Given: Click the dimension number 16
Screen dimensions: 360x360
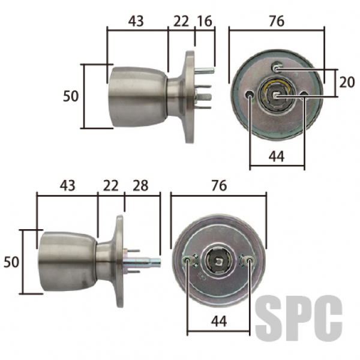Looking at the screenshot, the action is (x=205, y=22).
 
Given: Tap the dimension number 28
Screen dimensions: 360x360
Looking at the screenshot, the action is (x=140, y=185).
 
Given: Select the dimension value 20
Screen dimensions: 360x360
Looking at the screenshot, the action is (x=347, y=82).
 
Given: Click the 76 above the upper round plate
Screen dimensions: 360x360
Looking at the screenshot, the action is (x=277, y=21).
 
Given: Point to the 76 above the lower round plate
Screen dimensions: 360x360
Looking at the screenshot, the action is (x=219, y=185).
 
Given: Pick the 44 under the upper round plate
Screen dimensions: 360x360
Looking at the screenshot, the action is (x=277, y=157).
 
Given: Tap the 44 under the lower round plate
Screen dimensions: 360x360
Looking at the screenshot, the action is (x=219, y=321).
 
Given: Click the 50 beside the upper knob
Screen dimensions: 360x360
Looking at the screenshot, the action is (x=71, y=96).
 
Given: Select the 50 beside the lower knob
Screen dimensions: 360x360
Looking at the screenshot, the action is (x=11, y=262).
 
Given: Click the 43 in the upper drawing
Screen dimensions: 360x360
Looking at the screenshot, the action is (x=136, y=22).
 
